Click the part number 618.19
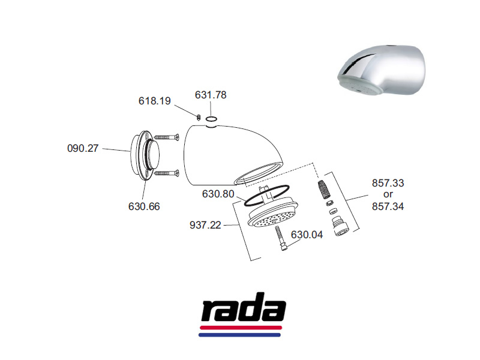[x=155, y=101]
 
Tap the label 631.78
[x=211, y=95]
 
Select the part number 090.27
[x=83, y=148]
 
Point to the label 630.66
[x=144, y=206]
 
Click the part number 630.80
[x=218, y=194]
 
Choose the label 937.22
[x=205, y=226]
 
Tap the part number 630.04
[x=307, y=235]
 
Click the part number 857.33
[x=388, y=183]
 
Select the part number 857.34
[x=388, y=206]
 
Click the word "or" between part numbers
[x=388, y=194]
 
